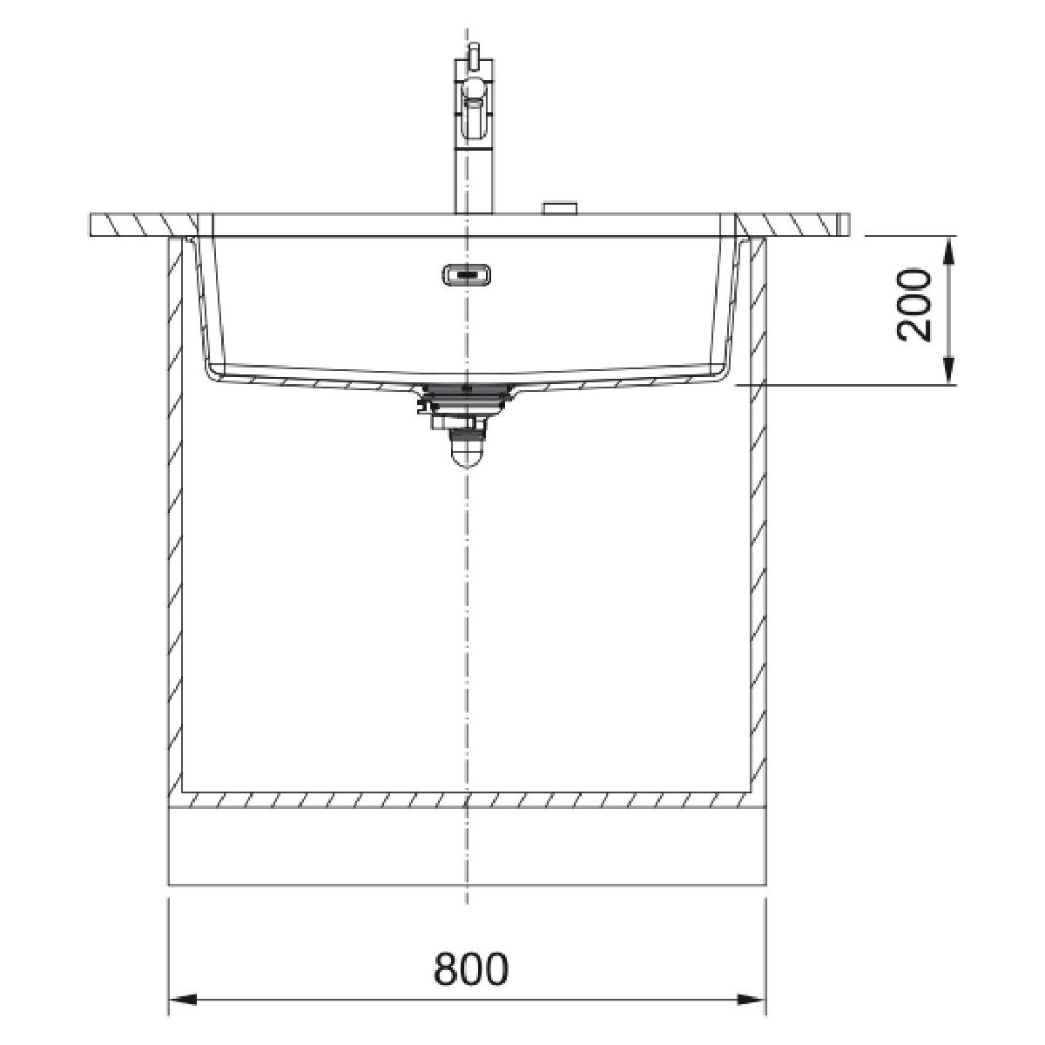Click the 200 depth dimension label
tap(914, 305)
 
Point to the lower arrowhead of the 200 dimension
tap(948, 372)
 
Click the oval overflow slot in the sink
tap(467, 274)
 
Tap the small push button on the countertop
tap(561, 208)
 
